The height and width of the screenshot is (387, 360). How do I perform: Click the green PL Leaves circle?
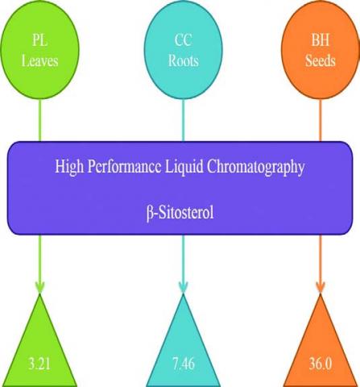pos(40,50)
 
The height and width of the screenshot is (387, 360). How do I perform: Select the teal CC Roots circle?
pos(183,50)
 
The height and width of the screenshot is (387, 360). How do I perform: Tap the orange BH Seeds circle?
pos(321,50)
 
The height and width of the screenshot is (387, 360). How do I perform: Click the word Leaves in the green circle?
pos(40,60)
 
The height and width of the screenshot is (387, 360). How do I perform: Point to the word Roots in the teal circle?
pos(184,60)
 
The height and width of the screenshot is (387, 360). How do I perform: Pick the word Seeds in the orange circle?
pos(321,60)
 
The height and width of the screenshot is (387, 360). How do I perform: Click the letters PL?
pos(40,40)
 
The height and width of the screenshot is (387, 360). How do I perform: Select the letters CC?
pos(184,40)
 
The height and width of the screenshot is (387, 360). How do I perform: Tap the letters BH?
pos(321,40)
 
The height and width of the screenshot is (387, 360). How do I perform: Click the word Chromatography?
pos(255,167)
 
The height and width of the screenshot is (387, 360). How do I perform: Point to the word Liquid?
pos(184,167)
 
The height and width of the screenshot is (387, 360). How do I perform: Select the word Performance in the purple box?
pos(124,167)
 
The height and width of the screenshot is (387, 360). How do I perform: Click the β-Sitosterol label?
pos(180,213)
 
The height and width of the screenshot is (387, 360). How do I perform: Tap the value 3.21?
pos(39,364)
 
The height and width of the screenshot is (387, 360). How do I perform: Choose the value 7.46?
pos(184,364)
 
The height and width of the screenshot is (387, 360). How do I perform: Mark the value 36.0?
pos(321,364)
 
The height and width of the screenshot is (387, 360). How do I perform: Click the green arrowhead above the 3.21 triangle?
pos(39,288)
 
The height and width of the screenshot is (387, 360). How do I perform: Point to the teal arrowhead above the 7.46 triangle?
pos(183,288)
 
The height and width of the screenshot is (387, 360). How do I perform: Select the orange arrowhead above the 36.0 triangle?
pos(321,288)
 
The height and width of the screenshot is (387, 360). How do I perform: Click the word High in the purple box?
pos(69,167)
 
